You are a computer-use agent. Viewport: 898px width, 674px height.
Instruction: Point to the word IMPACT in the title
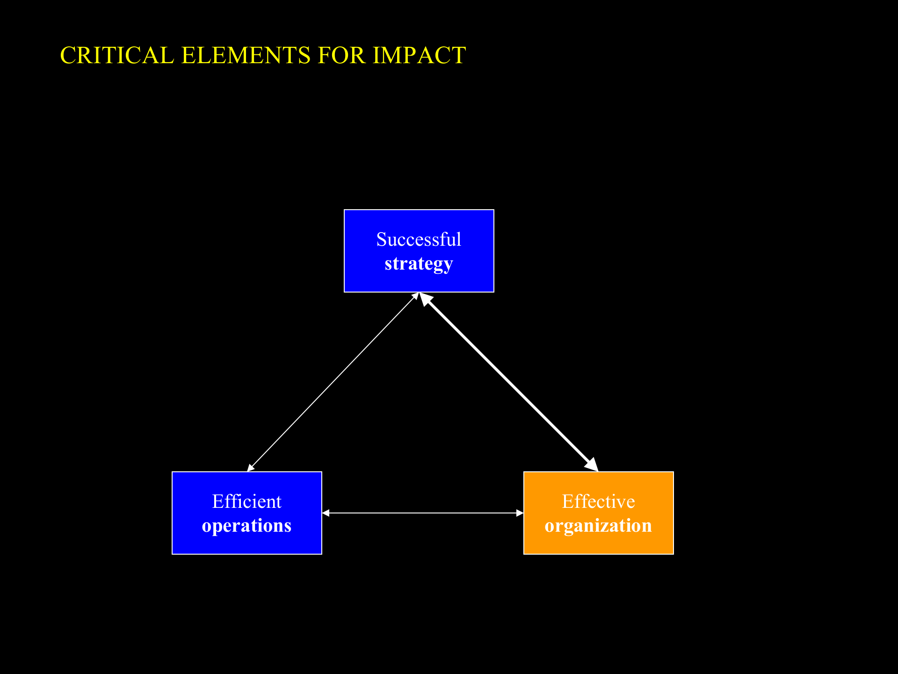[x=419, y=55]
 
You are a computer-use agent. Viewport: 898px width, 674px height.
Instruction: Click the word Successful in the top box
[x=419, y=240]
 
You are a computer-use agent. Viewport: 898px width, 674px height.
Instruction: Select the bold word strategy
[x=419, y=264]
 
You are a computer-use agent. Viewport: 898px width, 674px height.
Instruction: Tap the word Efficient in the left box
[x=246, y=502]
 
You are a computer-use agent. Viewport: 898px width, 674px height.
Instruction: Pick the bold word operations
[x=246, y=526]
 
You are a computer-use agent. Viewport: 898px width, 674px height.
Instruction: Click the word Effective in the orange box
[x=598, y=502]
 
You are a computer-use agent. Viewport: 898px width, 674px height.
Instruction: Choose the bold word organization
[x=598, y=526]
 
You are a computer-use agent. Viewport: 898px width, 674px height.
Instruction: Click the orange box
[x=598, y=543]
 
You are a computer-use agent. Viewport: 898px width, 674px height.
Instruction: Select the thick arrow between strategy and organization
[x=509, y=382]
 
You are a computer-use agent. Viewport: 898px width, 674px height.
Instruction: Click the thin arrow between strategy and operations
[x=333, y=382]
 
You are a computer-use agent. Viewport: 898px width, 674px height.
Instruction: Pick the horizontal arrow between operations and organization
[x=423, y=513]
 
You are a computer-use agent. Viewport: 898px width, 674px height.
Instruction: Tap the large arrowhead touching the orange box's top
[x=593, y=465]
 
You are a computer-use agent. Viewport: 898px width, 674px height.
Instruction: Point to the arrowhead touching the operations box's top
[x=250, y=468]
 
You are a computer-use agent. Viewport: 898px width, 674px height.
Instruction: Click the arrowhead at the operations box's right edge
[x=326, y=513]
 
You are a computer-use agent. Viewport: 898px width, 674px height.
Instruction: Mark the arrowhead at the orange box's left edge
[x=520, y=513]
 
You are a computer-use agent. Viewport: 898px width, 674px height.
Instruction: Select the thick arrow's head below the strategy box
[x=425, y=298]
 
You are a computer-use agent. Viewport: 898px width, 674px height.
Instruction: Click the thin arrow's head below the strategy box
[x=415, y=296]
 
